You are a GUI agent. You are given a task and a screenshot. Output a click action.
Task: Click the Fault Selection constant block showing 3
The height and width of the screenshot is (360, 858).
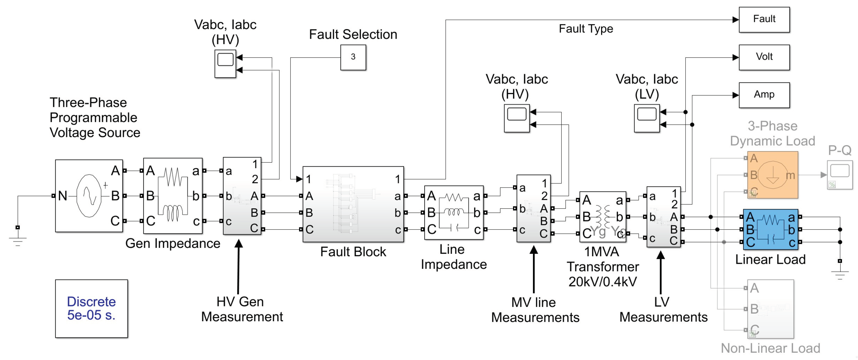tap(353, 58)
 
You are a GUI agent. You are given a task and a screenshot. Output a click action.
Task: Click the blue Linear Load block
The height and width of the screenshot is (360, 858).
tap(770, 230)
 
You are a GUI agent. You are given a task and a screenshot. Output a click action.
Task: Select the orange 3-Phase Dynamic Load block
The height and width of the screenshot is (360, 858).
tap(772, 175)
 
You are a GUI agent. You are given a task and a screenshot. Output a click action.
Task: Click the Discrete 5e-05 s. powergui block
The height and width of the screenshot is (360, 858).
tap(91, 308)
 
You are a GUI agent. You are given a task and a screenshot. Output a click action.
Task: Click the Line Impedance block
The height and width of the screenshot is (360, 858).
tap(454, 212)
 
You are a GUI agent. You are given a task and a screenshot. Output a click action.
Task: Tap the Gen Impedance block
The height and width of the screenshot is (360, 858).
tap(172, 196)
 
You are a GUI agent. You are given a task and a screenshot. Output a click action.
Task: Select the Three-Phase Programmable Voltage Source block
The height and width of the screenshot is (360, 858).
tap(89, 196)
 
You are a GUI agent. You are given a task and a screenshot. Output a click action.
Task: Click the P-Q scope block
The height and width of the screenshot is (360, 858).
tap(839, 174)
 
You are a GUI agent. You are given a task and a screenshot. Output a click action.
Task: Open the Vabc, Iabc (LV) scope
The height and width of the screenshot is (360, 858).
tap(646, 118)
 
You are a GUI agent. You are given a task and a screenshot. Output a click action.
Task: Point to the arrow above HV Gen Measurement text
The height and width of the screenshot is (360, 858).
tap(239, 266)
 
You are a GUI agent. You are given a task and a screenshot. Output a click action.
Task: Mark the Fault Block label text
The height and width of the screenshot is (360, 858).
tap(353, 252)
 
